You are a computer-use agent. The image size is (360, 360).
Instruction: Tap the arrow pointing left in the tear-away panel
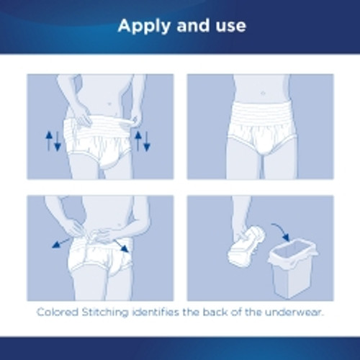(59, 242)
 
